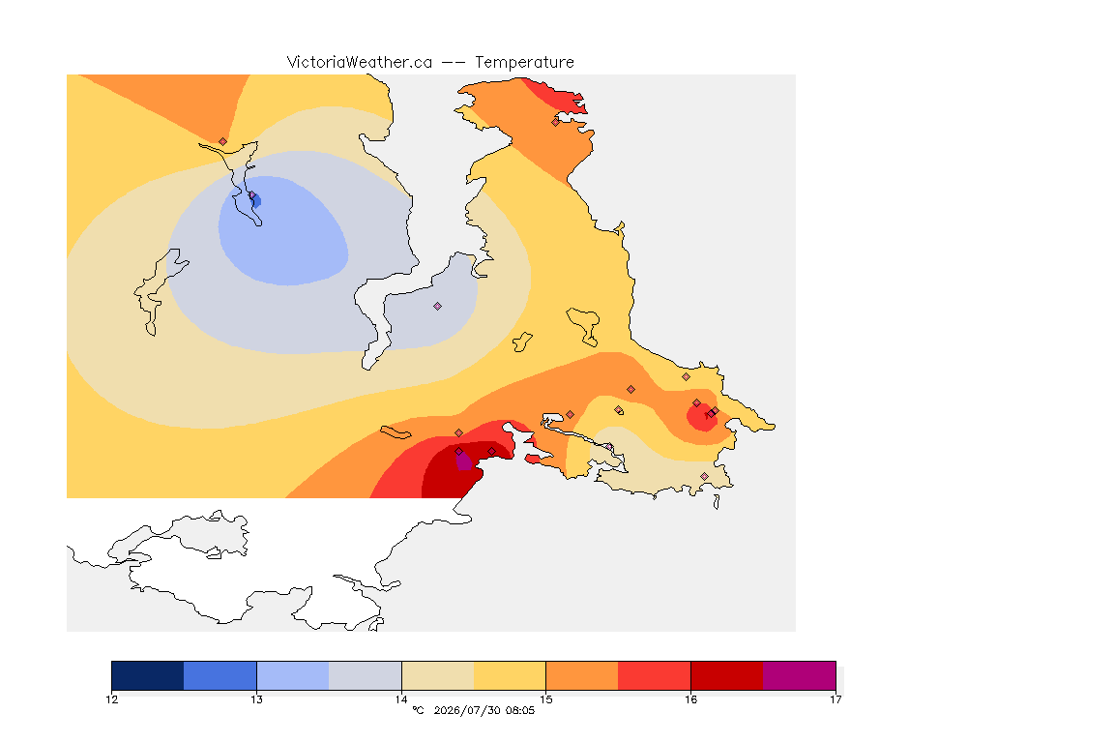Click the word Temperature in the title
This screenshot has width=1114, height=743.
coord(524,63)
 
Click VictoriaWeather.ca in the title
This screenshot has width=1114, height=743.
coord(360,63)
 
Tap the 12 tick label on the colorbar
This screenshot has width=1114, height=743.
coord(111,699)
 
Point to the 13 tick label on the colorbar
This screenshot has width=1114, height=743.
coord(256,699)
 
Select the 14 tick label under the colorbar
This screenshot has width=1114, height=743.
coord(401,699)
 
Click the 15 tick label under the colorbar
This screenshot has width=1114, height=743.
coord(545,699)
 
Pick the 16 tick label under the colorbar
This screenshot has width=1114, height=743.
coord(690,699)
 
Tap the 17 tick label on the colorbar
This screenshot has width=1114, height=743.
coord(835,699)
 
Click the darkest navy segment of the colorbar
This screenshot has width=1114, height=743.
coord(148,675)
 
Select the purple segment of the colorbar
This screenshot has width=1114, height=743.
coord(800,675)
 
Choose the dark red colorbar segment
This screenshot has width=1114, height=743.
coord(727,675)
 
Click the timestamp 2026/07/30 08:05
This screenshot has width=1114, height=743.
coord(484,710)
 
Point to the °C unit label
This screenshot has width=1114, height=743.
coord(418,710)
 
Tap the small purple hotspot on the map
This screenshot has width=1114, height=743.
coord(463,461)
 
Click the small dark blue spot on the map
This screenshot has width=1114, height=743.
coord(255,201)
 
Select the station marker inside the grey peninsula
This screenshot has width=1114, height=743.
coord(438,307)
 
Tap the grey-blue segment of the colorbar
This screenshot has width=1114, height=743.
coord(366,675)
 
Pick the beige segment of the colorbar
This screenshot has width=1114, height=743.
coord(438,675)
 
